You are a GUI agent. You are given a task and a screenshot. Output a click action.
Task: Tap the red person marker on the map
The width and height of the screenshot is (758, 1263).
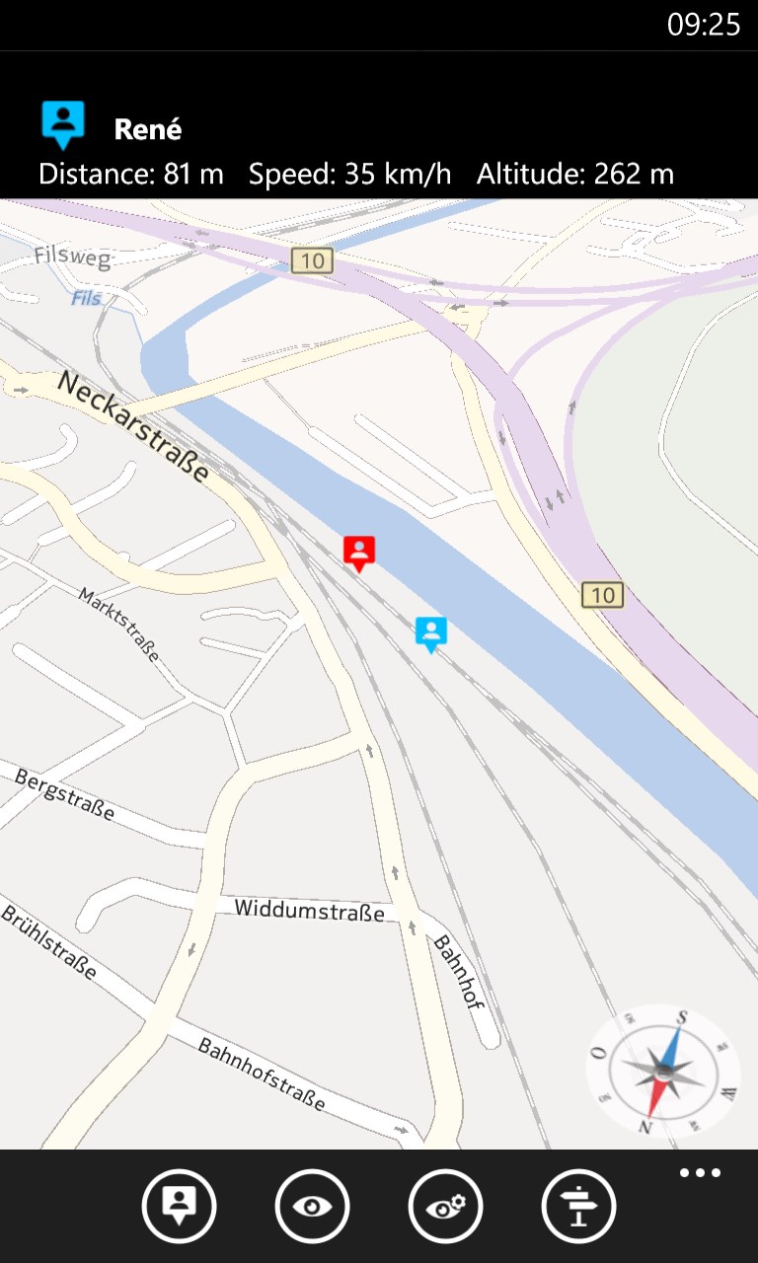point(359,552)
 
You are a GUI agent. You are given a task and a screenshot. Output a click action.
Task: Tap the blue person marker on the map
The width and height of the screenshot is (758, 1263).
point(431,632)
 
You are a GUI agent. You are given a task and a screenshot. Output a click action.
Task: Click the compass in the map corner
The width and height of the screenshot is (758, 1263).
point(663,1072)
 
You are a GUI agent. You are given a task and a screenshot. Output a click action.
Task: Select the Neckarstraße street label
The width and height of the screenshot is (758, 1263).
point(132,426)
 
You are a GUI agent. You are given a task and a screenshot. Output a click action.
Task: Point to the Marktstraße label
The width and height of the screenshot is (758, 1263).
point(118,625)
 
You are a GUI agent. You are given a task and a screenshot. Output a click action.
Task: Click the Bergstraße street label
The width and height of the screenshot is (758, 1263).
point(64,794)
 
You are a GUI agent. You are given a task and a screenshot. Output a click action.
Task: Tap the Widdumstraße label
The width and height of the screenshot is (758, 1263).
point(309,910)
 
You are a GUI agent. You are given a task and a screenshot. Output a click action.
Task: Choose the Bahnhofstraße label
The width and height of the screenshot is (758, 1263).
point(261,1074)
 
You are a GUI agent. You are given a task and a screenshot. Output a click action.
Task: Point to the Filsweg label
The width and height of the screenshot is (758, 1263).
point(72,257)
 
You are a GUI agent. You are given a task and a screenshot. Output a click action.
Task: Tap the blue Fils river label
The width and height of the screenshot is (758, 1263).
point(86,297)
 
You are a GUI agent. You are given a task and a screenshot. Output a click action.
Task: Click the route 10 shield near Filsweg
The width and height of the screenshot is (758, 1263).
point(312,260)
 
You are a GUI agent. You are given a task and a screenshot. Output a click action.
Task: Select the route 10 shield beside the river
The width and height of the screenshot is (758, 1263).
point(602,594)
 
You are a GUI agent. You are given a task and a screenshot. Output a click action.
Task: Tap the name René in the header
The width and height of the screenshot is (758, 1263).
point(148,129)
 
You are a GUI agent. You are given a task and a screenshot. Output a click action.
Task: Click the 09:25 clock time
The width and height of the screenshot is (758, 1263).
point(703,25)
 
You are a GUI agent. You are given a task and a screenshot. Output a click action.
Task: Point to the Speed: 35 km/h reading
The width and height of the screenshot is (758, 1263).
point(349,175)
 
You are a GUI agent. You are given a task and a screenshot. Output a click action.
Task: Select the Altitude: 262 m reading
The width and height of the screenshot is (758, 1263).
point(574,175)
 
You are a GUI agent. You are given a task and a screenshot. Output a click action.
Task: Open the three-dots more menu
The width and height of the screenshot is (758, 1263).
point(700,1173)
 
